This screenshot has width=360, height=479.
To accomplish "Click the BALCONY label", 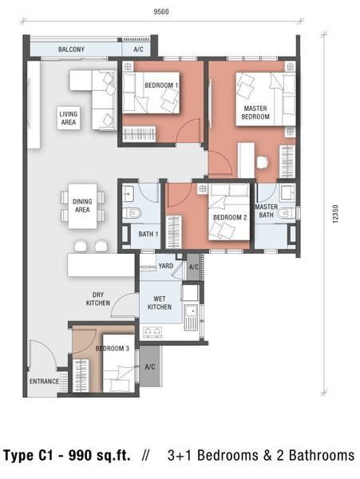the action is pos(71,49).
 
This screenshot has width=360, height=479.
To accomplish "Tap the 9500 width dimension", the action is pos(161,12).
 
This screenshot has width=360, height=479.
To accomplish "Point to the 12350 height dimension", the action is pos(335,214).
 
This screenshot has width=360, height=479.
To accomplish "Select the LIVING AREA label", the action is pos(69,118).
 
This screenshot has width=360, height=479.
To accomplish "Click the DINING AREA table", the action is pos(82,206).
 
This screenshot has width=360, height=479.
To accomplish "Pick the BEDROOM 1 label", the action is pos(161,85).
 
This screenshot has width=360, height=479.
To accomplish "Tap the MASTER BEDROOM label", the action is pos(255,113).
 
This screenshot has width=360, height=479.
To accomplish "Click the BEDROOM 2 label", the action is pos(230,217).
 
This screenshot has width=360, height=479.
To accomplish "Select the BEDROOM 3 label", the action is pos(113,348).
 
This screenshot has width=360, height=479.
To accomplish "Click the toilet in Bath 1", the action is pos(133,212).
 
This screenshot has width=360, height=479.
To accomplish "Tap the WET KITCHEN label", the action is pos(160,303).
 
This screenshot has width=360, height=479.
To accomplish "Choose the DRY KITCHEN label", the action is pos(97,299).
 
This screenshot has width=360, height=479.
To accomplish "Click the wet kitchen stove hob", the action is pos(152,332).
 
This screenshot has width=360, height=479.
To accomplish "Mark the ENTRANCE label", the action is pos(44,382).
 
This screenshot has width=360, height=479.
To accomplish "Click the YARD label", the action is pos(166,266).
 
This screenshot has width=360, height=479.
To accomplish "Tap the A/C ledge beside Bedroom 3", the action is pos(149,366).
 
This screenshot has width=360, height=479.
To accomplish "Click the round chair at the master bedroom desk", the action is pos(263,162).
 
